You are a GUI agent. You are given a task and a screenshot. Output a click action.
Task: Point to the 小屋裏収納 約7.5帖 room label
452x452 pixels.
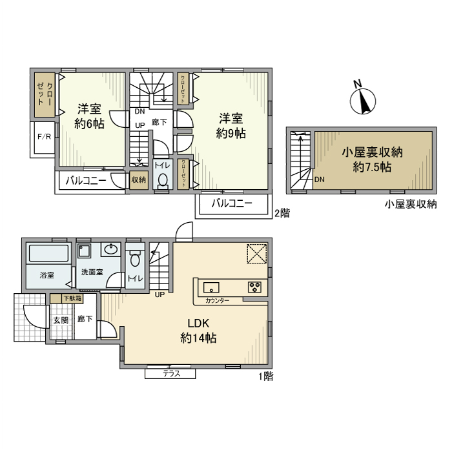[x=372, y=159]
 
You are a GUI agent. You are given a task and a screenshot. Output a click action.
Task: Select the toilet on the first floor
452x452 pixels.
[x=134, y=259]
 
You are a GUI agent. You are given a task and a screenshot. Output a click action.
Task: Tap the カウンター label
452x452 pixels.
[x=218, y=301]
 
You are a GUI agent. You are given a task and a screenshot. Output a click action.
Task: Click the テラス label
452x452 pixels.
[x=170, y=374]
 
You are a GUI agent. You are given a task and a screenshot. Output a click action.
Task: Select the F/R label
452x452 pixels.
[x=44, y=137]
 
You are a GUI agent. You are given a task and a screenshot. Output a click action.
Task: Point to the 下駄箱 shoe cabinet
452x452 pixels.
[x=71, y=298]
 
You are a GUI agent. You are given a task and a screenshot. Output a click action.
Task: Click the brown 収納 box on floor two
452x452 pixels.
[x=139, y=181]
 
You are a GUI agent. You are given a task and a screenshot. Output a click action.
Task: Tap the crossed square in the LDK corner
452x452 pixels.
[x=257, y=254]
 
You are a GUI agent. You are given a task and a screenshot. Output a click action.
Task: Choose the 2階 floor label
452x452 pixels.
[x=282, y=212]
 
